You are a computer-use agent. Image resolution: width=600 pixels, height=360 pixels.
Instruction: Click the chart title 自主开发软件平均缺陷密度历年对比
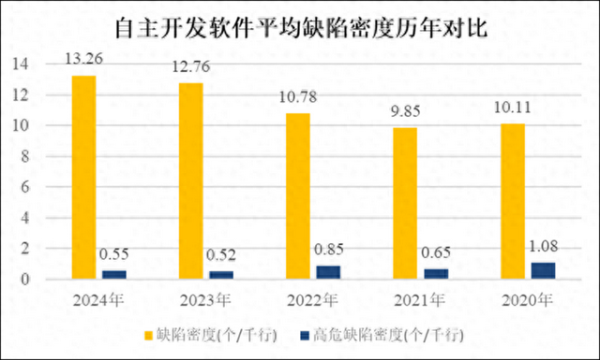coord(300,27)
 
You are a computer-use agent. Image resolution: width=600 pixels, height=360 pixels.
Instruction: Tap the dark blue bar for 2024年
coord(114,275)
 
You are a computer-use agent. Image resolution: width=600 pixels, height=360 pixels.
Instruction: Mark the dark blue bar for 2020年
coord(543,270)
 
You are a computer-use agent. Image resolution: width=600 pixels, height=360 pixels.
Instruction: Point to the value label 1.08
coord(543,244)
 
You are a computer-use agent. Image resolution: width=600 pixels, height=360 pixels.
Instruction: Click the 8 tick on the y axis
coord(35,157)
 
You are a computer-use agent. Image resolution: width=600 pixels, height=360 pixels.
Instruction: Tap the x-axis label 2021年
coord(420,299)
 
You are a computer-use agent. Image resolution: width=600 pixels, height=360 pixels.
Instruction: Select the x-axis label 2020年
coord(527,299)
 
